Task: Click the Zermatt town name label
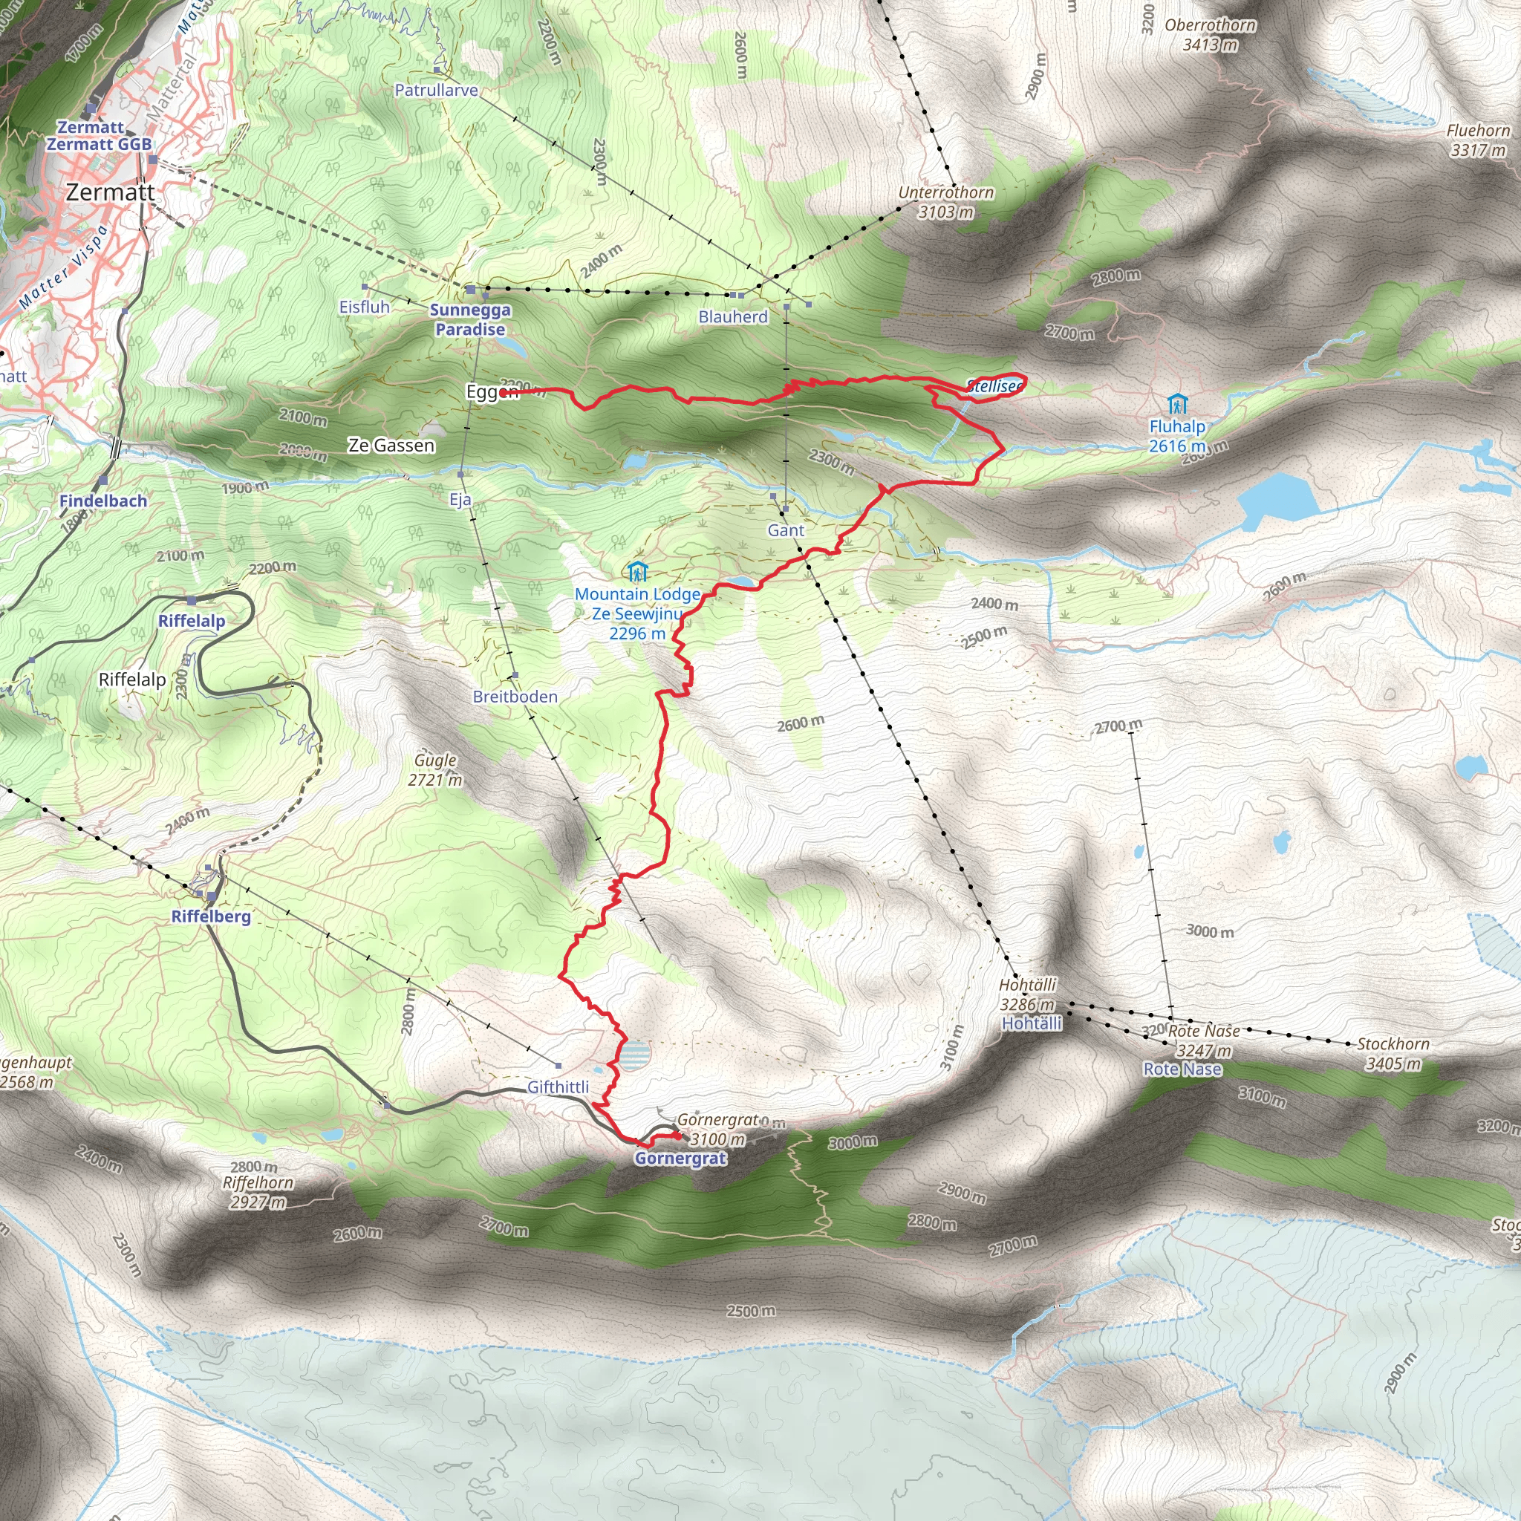click(110, 192)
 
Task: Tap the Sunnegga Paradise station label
click(470, 319)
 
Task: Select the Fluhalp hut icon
click(1177, 404)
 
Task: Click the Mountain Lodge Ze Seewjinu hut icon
click(638, 571)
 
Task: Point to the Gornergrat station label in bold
click(680, 1158)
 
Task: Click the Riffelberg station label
click(211, 916)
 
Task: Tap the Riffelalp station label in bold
click(192, 620)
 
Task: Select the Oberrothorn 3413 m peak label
click(1210, 35)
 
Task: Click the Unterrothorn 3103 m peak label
click(945, 201)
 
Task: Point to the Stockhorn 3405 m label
click(1393, 1053)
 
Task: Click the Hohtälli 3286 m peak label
click(1027, 994)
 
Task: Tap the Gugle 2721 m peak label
click(435, 769)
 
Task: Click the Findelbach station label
click(103, 501)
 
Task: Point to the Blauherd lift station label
click(733, 316)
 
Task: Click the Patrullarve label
click(436, 90)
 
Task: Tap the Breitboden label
click(515, 697)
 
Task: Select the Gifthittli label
click(558, 1087)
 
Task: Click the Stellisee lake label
click(994, 385)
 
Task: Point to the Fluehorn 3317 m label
click(1478, 140)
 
